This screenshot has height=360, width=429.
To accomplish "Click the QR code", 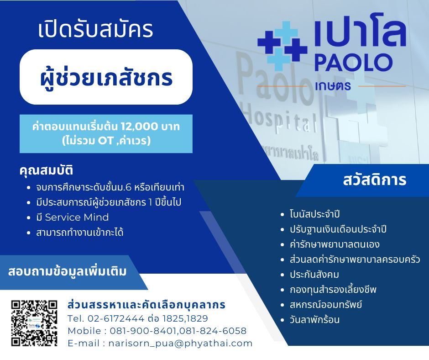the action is [34, 323].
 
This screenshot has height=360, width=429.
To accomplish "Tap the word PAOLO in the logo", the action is [354, 63].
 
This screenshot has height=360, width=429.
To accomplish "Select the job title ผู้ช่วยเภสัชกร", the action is [106, 78].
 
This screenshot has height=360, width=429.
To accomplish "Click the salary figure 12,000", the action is [139, 127].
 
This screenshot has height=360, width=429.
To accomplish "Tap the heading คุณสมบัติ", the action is [46, 170].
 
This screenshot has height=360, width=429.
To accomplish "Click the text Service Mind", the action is [77, 217].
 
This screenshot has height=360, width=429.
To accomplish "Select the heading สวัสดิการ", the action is [375, 180].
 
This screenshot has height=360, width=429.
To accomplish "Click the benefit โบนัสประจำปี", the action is [314, 214].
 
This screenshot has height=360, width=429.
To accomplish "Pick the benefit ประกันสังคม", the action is [314, 275].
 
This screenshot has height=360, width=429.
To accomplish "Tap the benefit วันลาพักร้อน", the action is [314, 319].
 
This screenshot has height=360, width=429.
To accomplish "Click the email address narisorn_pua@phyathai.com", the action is [181, 343].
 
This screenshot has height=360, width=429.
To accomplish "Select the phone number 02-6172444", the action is [116, 318].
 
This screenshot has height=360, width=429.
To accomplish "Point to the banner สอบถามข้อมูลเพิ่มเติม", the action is [67, 272].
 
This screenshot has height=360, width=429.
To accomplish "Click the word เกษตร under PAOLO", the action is [333, 86].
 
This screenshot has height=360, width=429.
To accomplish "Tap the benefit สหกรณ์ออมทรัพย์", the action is [326, 304].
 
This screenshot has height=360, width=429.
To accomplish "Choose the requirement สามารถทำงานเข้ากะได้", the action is [79, 233].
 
